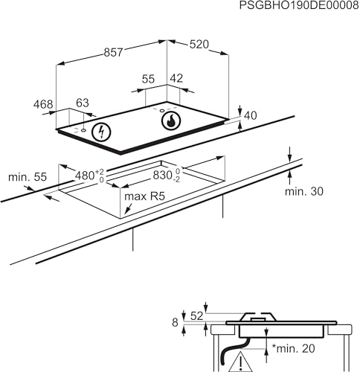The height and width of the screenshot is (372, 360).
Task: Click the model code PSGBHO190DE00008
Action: click(299, 5)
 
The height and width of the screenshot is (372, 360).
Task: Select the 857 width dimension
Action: click(113, 52)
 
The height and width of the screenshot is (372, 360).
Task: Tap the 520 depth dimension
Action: click(199, 45)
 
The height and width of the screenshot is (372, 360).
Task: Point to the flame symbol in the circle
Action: click(171, 121)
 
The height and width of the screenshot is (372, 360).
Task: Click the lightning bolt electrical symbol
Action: click(101, 132)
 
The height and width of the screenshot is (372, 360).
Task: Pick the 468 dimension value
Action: click(43, 104)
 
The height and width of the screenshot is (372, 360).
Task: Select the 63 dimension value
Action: click(83, 103)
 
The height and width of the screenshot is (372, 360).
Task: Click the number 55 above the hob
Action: click(148, 79)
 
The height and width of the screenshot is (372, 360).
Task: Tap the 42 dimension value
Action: click(176, 78)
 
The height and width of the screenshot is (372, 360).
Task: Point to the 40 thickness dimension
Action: click(251, 115)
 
